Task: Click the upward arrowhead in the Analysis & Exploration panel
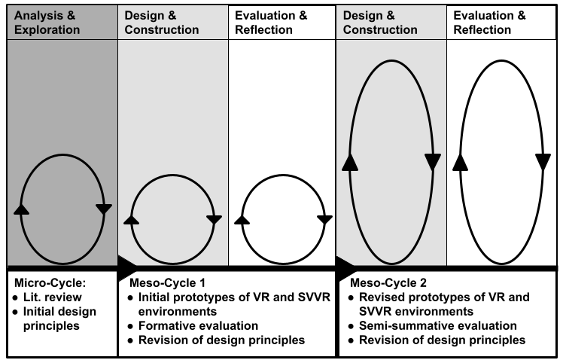[22, 209]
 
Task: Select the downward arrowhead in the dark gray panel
[104, 209]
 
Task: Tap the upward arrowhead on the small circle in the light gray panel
[131, 219]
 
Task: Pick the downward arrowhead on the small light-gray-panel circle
[214, 220]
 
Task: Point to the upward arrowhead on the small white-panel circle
[242, 219]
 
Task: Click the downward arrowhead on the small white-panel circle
[324, 220]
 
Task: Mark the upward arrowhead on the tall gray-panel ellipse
[349, 162]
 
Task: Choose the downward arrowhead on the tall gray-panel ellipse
[432, 162]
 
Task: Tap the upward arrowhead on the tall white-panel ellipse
[461, 162]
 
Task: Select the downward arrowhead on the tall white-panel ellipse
[543, 162]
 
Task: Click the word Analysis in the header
[38, 16]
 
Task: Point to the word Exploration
[47, 30]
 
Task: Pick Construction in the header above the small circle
[162, 30]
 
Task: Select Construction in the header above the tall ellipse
[380, 30]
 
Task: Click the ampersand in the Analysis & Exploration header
[72, 16]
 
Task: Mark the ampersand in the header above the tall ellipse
[390, 16]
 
